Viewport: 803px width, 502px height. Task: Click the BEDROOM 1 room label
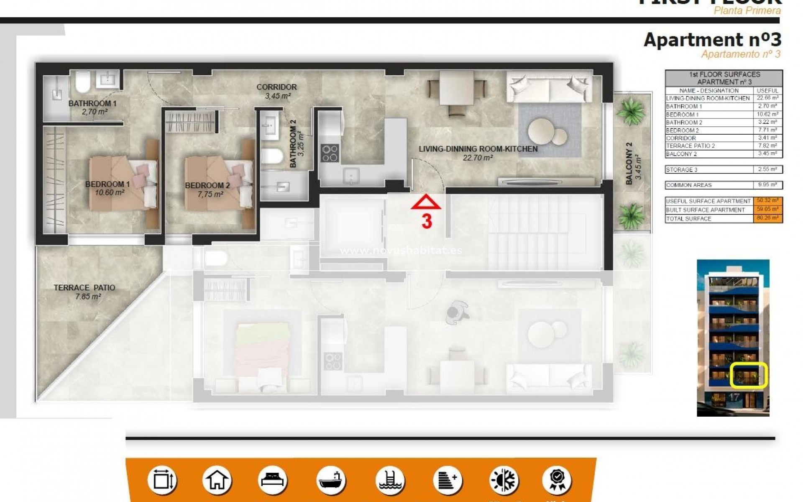click(x=107, y=184)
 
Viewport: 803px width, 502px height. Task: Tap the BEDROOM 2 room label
click(x=207, y=186)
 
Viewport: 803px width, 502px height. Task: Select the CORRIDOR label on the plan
click(x=276, y=87)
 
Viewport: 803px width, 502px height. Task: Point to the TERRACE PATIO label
click(x=84, y=288)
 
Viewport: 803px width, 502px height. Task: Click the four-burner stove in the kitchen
click(x=330, y=153)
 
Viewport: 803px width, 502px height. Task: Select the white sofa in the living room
click(x=549, y=87)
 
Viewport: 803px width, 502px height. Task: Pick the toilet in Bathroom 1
click(x=83, y=82)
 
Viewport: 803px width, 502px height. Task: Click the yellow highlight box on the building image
click(x=749, y=375)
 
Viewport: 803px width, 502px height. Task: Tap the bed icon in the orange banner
click(x=273, y=480)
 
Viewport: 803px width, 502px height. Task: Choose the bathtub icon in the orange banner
click(x=330, y=480)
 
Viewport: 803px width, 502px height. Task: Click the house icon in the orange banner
click(x=217, y=480)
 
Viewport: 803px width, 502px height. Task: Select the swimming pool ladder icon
click(x=389, y=480)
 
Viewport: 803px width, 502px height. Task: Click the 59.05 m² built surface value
click(x=767, y=210)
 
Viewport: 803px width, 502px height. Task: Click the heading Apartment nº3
click(x=712, y=40)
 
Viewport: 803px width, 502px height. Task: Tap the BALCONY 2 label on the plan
click(x=629, y=163)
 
